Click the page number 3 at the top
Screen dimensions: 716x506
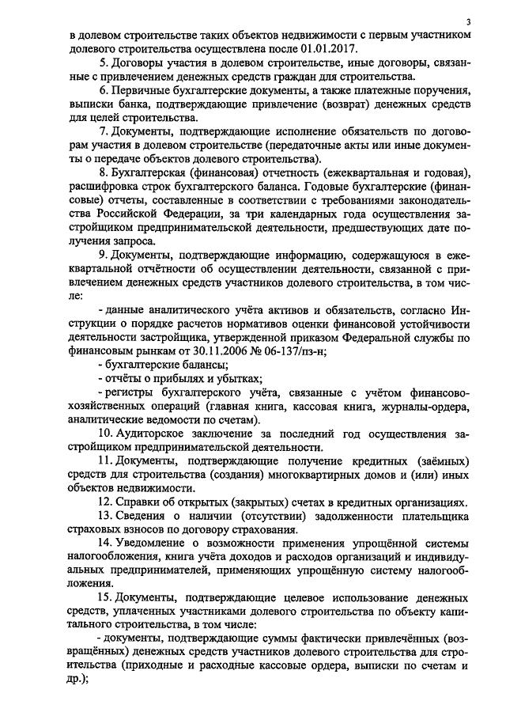[468, 21]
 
